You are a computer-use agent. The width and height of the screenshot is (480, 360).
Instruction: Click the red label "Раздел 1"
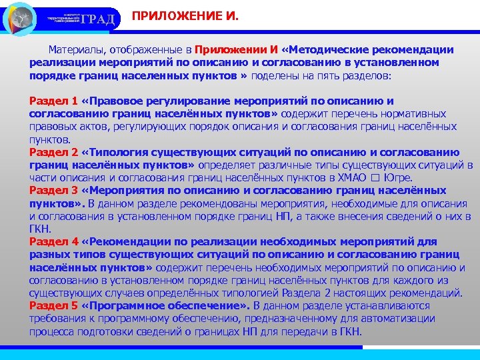click(x=53, y=101)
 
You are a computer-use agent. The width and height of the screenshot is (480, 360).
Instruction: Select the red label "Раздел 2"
click(x=53, y=153)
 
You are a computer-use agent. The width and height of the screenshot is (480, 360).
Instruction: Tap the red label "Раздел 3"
click(x=53, y=190)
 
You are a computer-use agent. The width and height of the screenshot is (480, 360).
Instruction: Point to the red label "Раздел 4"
click(x=53, y=241)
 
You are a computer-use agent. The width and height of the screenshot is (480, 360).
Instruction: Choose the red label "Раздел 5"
click(x=53, y=305)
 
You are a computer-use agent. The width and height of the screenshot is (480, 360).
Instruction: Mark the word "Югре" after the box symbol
click(x=397, y=177)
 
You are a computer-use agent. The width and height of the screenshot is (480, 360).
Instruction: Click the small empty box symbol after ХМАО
click(x=373, y=178)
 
